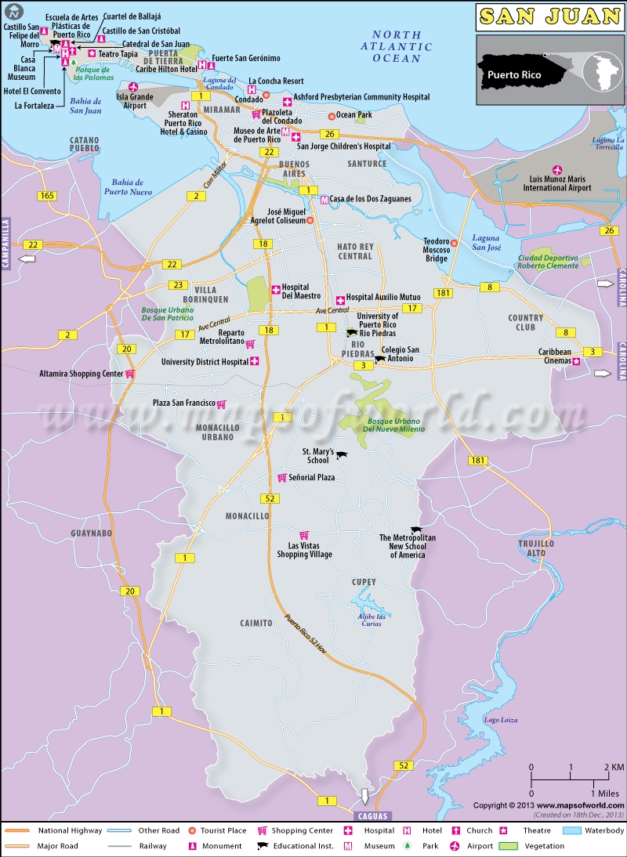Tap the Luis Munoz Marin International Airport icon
[557, 170]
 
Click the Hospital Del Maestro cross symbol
[275, 290]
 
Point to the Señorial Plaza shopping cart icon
[281, 477]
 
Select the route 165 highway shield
[46, 195]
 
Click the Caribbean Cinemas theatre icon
[576, 362]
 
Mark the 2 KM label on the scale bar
[614, 766]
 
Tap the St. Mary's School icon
[341, 454]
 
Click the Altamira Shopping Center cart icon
[130, 374]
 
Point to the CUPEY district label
[364, 582]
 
